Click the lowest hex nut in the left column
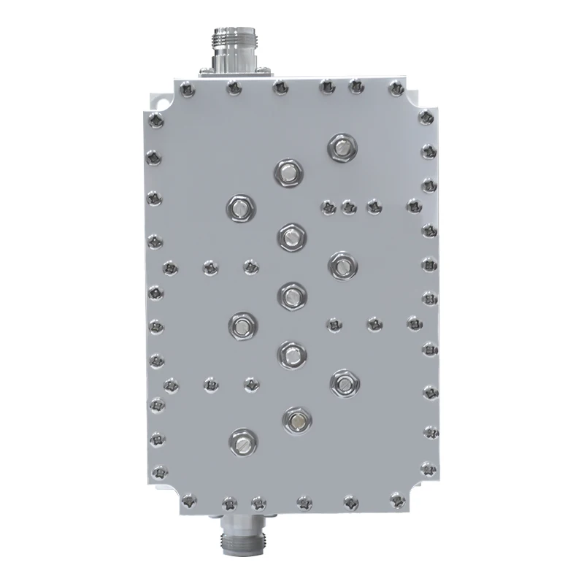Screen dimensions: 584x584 pyautogui.click(x=242, y=440)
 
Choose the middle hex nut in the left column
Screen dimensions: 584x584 pyautogui.click(x=242, y=323)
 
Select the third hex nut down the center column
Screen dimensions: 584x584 pyautogui.click(x=291, y=294)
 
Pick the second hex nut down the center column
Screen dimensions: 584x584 pyautogui.click(x=291, y=235)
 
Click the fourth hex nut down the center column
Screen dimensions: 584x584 pyautogui.click(x=291, y=354)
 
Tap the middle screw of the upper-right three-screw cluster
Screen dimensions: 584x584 pyautogui.click(x=347, y=207)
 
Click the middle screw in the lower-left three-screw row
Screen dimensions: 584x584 pyautogui.click(x=211, y=382)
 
